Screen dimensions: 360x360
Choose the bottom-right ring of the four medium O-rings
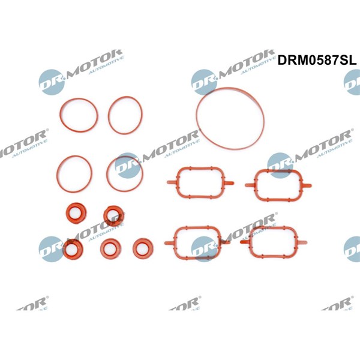pos(125,174)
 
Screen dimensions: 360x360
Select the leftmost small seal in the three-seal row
pos(73,248)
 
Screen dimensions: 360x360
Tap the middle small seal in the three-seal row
pos(110,247)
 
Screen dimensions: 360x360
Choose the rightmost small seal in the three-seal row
pos(143,247)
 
